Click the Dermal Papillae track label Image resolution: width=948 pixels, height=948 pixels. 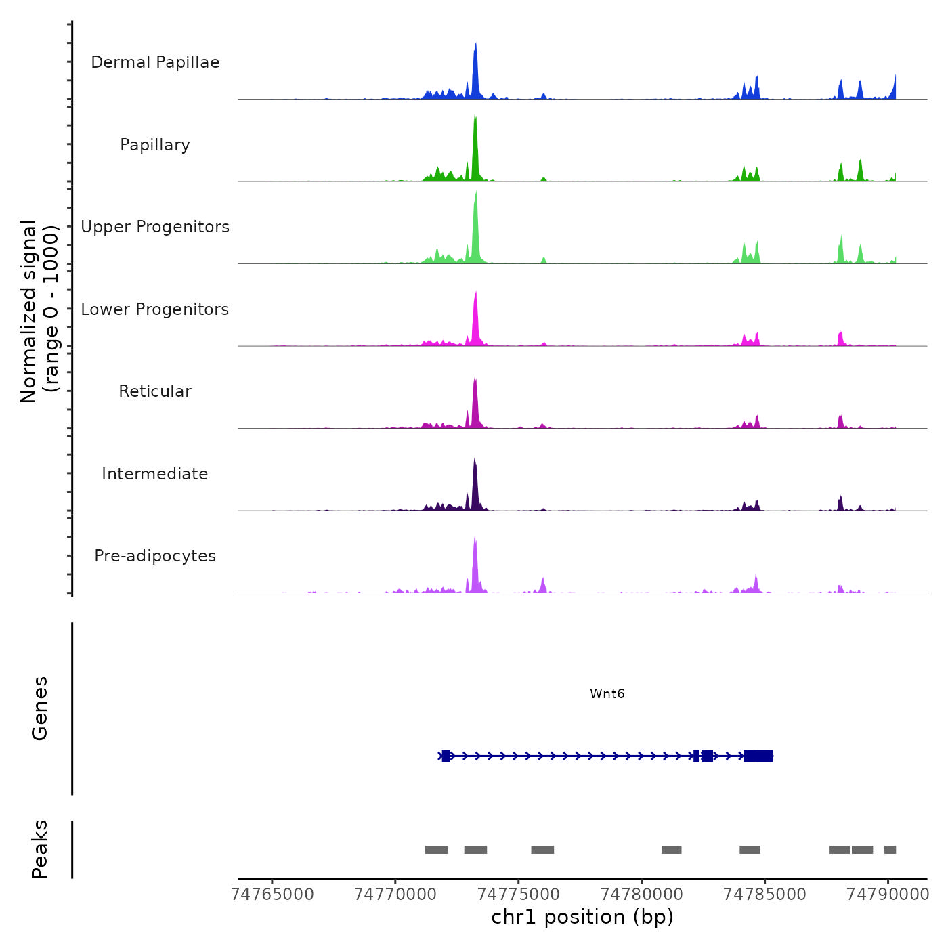[155, 62]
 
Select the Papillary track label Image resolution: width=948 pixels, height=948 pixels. [155, 145]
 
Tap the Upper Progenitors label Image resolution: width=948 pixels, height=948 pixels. [155, 227]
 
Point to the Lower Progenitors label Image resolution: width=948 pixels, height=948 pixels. [155, 309]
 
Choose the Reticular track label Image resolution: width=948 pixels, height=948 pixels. [155, 391]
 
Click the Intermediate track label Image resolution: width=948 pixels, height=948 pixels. [155, 474]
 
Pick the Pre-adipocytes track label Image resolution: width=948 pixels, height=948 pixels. [155, 556]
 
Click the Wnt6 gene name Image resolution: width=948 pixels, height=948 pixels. [607, 693]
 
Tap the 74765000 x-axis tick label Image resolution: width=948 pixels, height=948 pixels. [272, 894]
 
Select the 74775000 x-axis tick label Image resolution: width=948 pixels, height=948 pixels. [519, 894]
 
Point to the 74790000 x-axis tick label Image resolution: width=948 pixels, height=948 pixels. [888, 894]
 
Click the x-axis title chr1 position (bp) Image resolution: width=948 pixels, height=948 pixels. [582, 917]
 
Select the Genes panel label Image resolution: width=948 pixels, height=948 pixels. [40, 708]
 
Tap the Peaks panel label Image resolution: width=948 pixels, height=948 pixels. [40, 849]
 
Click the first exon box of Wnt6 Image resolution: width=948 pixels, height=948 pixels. [446, 756]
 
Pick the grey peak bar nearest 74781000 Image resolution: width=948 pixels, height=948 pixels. [671, 850]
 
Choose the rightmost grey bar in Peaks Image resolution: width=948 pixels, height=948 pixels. [890, 850]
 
